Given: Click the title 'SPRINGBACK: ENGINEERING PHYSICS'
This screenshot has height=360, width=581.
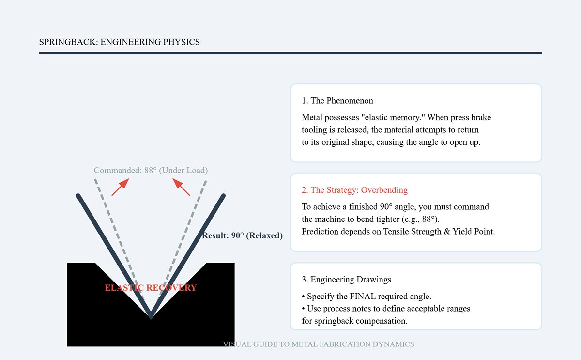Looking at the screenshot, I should click(x=119, y=42).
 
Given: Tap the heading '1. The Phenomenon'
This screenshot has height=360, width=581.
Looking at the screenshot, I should click(x=337, y=101).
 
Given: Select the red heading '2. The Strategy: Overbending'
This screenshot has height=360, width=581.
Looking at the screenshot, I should click(x=354, y=190).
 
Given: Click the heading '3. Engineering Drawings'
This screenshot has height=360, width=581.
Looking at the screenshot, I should click(x=346, y=280).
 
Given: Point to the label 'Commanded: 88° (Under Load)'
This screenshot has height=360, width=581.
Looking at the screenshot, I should click(x=151, y=171).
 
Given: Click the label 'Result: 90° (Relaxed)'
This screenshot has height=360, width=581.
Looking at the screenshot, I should click(x=242, y=236).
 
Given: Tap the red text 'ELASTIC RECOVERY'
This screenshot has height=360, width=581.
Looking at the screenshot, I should click(x=151, y=288).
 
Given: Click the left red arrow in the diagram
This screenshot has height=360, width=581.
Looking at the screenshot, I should click(x=120, y=187).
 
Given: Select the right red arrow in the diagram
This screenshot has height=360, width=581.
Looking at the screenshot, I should click(x=182, y=187).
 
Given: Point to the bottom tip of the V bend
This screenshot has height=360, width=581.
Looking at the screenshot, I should click(x=151, y=317).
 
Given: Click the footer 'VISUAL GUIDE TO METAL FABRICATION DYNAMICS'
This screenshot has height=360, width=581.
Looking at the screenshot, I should click(x=318, y=344).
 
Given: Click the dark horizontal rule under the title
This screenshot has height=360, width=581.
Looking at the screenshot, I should click(x=290, y=53).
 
